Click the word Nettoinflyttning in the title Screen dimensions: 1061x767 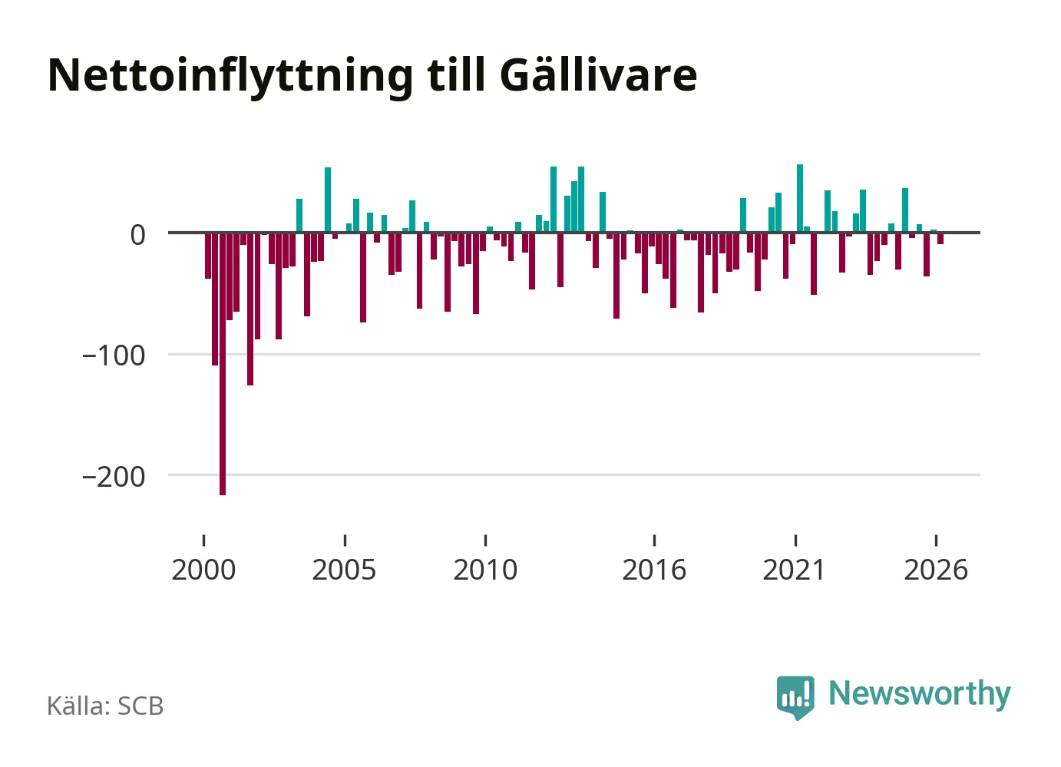(230, 77)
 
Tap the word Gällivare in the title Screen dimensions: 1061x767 (598, 74)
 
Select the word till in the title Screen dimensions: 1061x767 (457, 74)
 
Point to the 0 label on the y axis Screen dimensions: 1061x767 (138, 236)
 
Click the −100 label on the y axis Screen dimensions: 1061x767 (114, 356)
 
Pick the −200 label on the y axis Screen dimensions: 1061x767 (114, 477)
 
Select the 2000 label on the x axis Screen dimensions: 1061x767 (203, 570)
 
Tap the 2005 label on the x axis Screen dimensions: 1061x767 (345, 570)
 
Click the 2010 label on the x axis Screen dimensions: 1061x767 (485, 570)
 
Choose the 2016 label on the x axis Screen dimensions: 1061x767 (654, 570)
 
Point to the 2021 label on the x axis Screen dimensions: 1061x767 (795, 570)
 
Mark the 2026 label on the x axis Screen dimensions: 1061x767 (936, 570)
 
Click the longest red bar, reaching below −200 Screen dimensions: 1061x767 (223, 364)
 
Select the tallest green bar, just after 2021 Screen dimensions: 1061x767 (800, 199)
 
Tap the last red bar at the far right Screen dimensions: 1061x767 (940, 238)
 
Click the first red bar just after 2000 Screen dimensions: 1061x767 (208, 256)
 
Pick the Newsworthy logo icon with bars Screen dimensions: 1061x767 (795, 698)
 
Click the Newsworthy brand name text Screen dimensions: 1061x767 (920, 695)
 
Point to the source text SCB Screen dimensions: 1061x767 (140, 706)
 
